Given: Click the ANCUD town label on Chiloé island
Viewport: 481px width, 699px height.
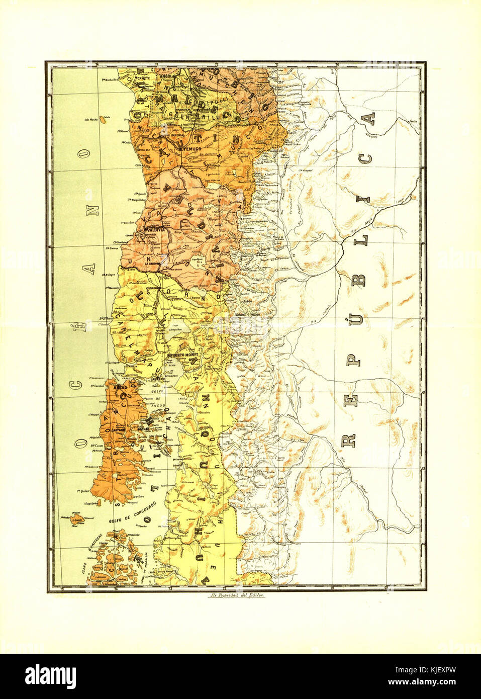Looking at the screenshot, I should pos(120,388).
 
